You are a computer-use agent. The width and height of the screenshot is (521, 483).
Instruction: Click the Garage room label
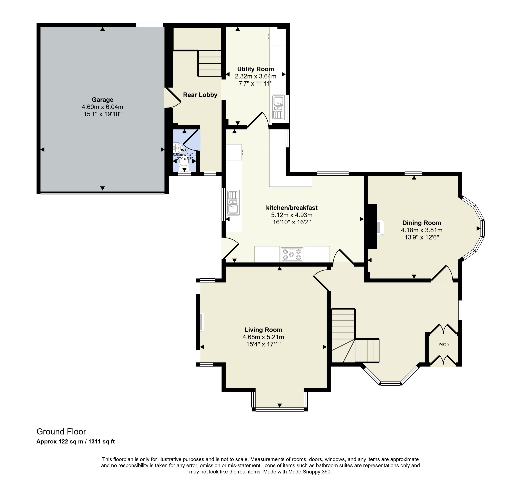pyautogui.click(x=102, y=100)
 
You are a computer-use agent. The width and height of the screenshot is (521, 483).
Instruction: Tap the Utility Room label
pyautogui.click(x=255, y=69)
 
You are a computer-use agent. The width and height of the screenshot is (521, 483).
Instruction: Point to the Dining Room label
pyautogui.click(x=421, y=223)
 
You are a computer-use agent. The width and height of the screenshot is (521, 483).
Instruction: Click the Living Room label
pyautogui.click(x=263, y=330)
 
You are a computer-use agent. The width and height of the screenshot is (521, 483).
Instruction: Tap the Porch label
pyautogui.click(x=443, y=344)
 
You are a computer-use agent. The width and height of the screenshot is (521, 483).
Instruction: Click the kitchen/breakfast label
pyautogui.click(x=292, y=208)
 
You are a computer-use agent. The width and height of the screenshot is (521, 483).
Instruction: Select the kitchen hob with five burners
pyautogui.click(x=292, y=254)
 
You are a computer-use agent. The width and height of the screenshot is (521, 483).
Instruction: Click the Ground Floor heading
pyautogui.click(x=61, y=431)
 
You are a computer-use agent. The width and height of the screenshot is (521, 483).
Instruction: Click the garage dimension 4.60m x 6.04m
pyautogui.click(x=102, y=107)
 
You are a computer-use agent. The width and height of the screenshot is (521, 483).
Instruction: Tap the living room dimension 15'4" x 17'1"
pyautogui.click(x=263, y=344)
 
